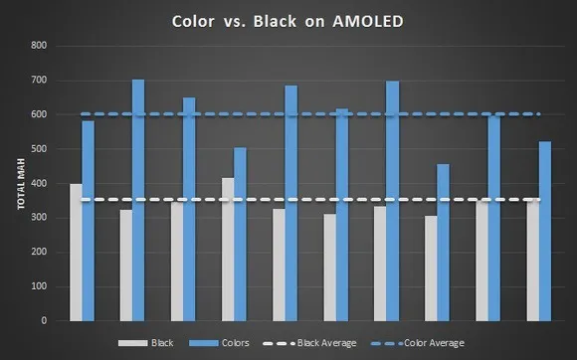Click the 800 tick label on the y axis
point(39,46)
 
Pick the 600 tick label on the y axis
point(39,114)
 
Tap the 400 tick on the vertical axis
point(39,183)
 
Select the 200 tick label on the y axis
point(39,252)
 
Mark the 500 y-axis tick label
point(39,149)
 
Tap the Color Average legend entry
point(433,343)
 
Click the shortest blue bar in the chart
point(443,242)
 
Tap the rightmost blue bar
point(545,231)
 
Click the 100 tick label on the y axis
point(39,286)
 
